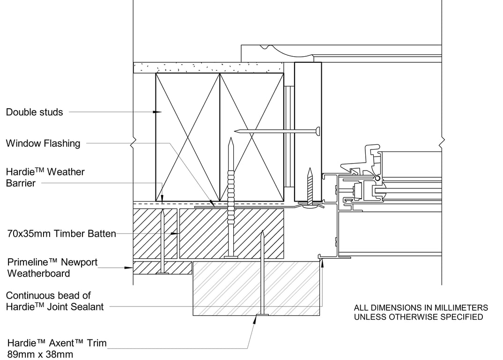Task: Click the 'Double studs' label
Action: [x=34, y=112]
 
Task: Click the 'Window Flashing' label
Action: [x=43, y=143]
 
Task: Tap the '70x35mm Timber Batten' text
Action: [x=61, y=233]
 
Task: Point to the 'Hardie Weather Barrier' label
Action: [x=45, y=178]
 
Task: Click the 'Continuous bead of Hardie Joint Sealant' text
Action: [x=55, y=301]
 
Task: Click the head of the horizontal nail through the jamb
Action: [x=318, y=130]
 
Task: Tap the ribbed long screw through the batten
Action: [x=230, y=197]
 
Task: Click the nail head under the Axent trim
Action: [x=262, y=315]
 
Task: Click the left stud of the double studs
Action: [x=188, y=137]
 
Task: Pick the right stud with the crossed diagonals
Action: [x=252, y=137]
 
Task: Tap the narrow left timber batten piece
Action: [x=155, y=233]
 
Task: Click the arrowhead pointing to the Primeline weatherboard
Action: [x=129, y=268]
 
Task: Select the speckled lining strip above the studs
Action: [x=208, y=67]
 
